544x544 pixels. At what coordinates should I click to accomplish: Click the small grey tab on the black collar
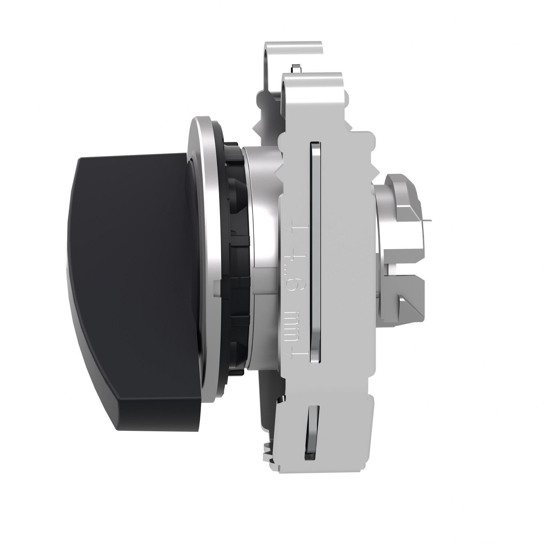tap(217, 284)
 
